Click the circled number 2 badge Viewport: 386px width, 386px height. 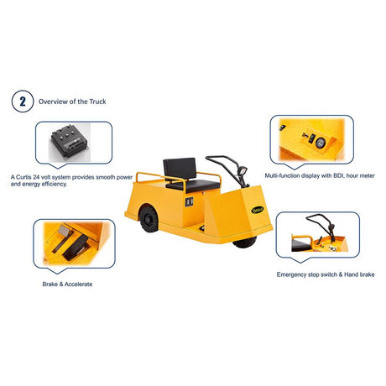(x=23, y=102)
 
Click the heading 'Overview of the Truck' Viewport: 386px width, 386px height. (x=72, y=102)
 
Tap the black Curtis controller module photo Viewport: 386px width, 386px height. (x=70, y=141)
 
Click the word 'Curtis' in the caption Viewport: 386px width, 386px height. (x=23, y=177)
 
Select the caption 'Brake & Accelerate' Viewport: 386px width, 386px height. (x=67, y=284)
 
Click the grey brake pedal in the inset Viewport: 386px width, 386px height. (x=64, y=237)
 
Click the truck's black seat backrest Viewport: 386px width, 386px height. (x=180, y=169)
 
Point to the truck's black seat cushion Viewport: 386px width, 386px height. (x=193, y=185)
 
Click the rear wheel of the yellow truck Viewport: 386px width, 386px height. (x=149, y=219)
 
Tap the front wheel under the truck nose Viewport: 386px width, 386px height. (x=245, y=243)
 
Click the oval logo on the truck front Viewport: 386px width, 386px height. (x=258, y=210)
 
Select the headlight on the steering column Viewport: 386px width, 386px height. (x=243, y=170)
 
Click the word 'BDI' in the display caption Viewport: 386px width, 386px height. (x=339, y=175)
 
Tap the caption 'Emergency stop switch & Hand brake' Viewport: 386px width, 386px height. (x=326, y=274)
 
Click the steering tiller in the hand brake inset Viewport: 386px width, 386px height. (x=321, y=225)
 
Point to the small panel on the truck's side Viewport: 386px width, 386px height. (x=190, y=202)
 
